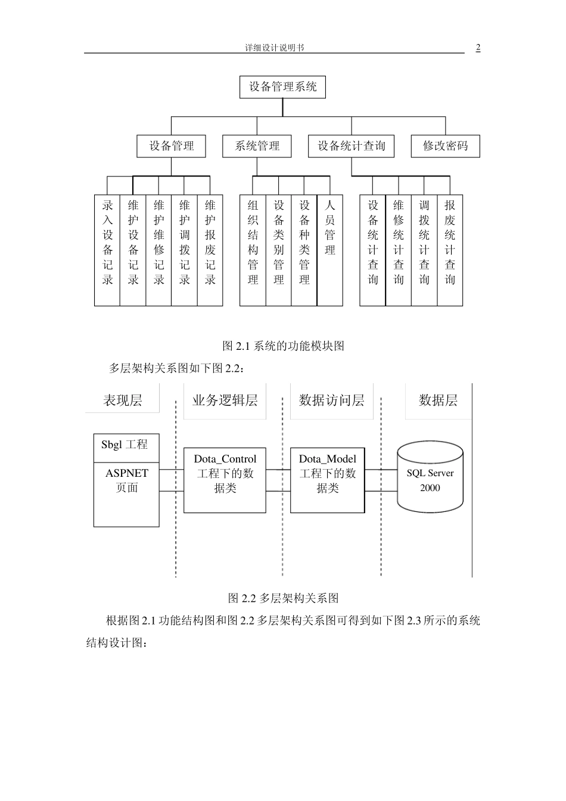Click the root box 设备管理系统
282,87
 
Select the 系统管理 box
257,146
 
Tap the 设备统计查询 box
351,146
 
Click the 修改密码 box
445,146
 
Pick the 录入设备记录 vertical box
107,250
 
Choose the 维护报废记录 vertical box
210,250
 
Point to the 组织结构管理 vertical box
253,250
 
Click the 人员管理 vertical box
330,250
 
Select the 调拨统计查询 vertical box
424,250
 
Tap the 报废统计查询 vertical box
450,250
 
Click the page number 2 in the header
478,48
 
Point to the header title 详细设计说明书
274,48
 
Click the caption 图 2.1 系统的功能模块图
283,346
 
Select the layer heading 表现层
123,401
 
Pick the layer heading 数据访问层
331,401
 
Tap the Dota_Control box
225,480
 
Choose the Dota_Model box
327,480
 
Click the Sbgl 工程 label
125,445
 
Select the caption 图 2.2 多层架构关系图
283,598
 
